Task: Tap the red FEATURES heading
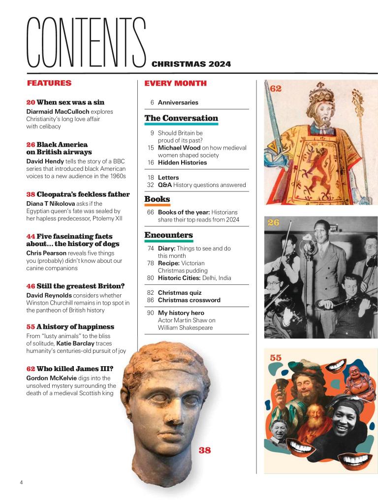49,83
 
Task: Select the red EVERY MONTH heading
175,83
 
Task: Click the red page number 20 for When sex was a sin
31,102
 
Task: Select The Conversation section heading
181,118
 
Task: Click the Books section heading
157,199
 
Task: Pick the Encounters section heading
168,235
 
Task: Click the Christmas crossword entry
189,300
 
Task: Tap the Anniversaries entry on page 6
178,102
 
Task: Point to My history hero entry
181,313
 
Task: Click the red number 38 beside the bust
204,450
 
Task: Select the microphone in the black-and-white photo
308,240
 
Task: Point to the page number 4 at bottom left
21,482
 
